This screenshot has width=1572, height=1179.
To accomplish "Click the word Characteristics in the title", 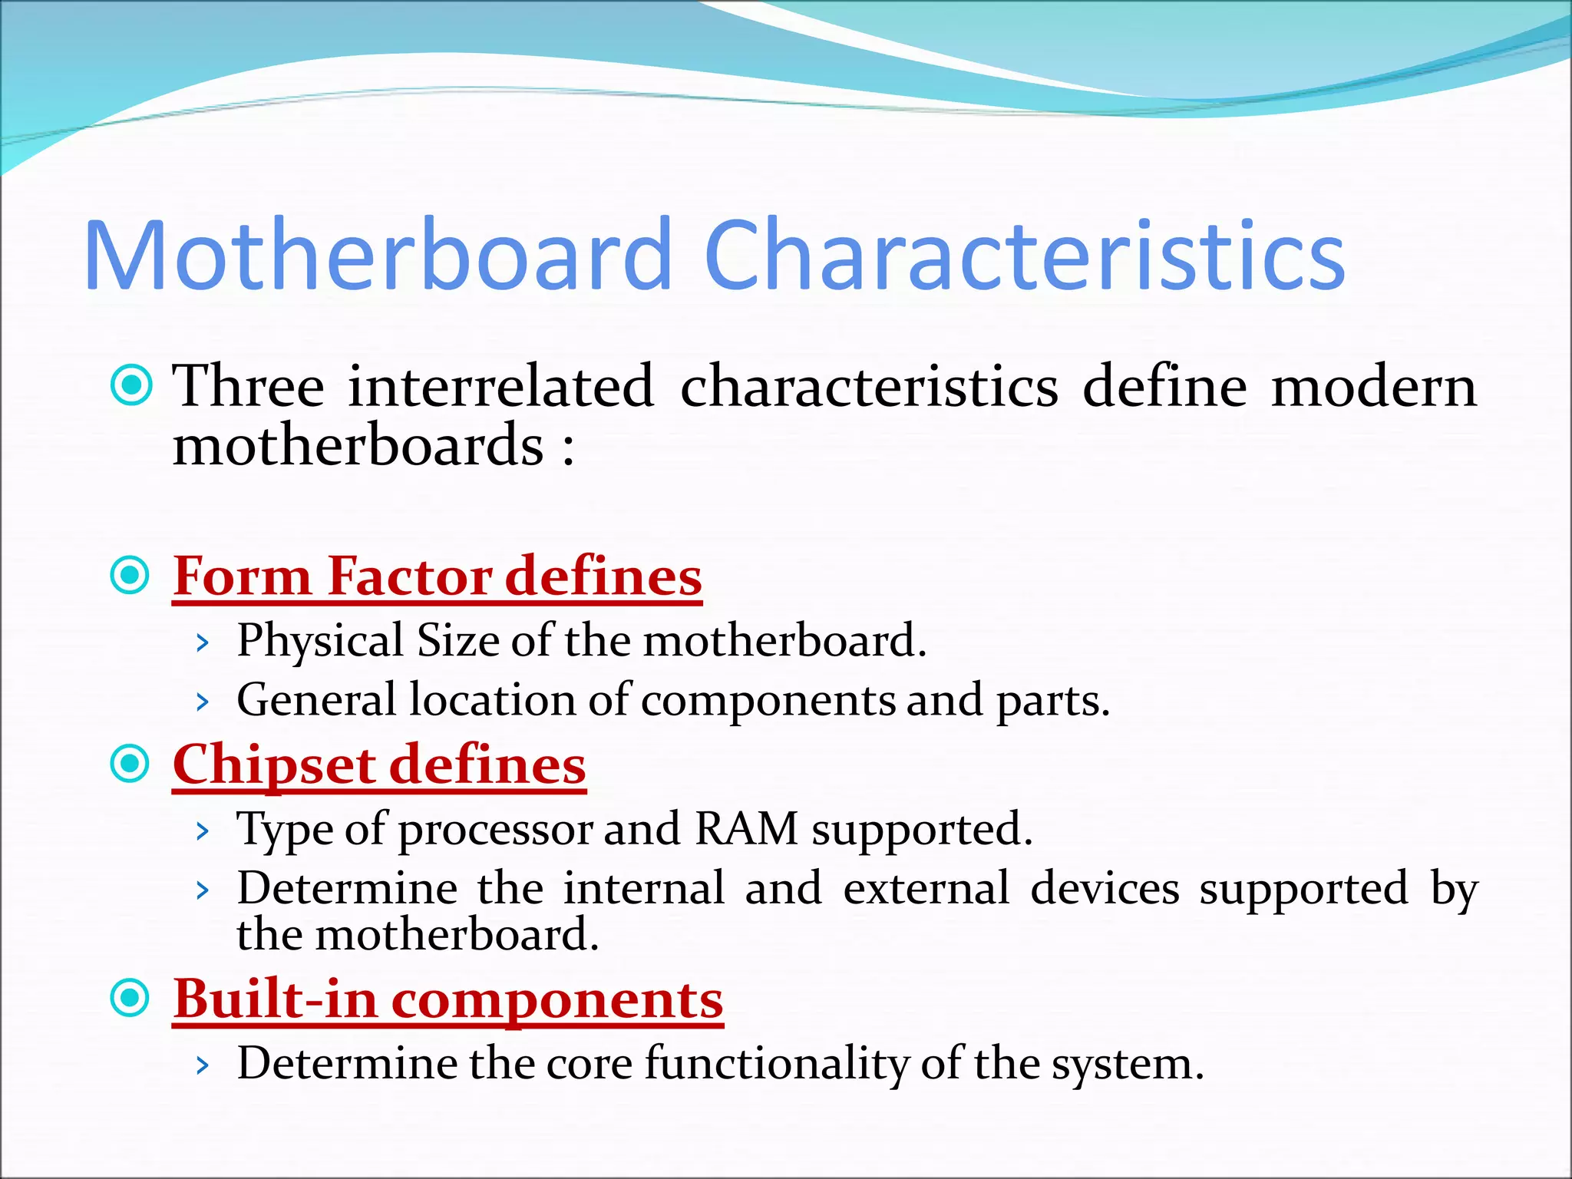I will point(1024,256).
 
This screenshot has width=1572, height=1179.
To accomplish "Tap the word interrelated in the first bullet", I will point(500,386).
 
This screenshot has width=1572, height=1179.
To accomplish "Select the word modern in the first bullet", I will point(1373,386).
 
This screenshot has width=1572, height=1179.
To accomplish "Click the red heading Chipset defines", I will point(379,765).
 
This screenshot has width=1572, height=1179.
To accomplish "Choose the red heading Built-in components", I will point(447,999).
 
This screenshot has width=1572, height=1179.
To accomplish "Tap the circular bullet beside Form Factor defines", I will point(130,575).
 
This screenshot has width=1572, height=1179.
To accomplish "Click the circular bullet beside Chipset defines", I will point(130,764).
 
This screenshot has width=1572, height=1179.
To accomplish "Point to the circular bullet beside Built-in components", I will point(130,999).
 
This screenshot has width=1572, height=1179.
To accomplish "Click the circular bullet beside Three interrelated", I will point(130,386).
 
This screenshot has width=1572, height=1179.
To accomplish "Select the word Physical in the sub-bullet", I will point(320,641).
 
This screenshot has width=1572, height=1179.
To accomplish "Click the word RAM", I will point(746,829).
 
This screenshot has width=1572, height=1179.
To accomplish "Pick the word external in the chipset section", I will point(926,889).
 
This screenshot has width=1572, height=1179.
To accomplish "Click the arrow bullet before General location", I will point(202,702).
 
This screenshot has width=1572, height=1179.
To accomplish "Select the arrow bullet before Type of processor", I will point(202,831).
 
